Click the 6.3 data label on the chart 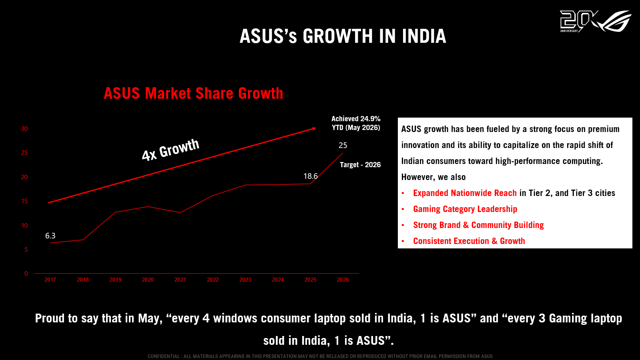point(50,236)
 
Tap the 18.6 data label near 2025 point(311,176)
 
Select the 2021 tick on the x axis point(180,280)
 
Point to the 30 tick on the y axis point(24,129)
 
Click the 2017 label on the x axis point(50,280)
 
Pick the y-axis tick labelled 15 point(24,201)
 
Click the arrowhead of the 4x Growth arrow point(314,129)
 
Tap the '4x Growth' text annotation point(171,150)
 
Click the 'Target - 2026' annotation point(360,165)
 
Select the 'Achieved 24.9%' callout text point(356,119)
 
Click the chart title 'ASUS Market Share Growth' point(193,93)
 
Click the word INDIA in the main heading point(424,36)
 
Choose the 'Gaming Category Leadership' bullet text point(465,209)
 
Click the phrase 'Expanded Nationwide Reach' point(465,193)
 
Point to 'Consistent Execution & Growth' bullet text point(469,241)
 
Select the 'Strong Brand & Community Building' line point(479,225)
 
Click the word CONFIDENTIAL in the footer point(163,356)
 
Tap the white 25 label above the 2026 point point(343,145)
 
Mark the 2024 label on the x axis point(278,280)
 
